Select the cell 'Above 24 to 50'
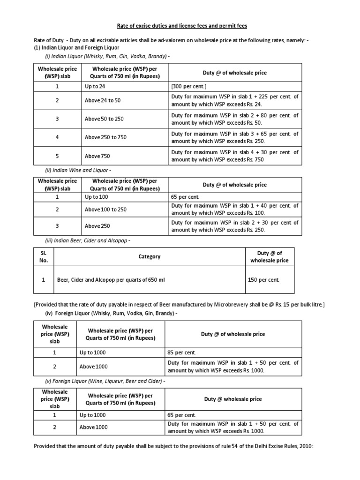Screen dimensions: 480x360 click(102, 100)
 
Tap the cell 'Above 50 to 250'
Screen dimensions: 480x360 click(104, 119)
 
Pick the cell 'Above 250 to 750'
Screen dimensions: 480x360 click(105, 137)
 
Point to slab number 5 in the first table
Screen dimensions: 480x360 click(57, 156)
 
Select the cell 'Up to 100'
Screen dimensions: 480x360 click(96, 197)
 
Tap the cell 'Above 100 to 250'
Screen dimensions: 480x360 click(105, 210)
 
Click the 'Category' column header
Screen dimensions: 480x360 click(149, 256)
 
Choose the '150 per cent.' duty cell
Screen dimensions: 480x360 click(263, 280)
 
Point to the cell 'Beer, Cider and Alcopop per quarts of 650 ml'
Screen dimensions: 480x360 click(111, 280)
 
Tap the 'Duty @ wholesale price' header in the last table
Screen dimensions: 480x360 click(232, 399)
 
